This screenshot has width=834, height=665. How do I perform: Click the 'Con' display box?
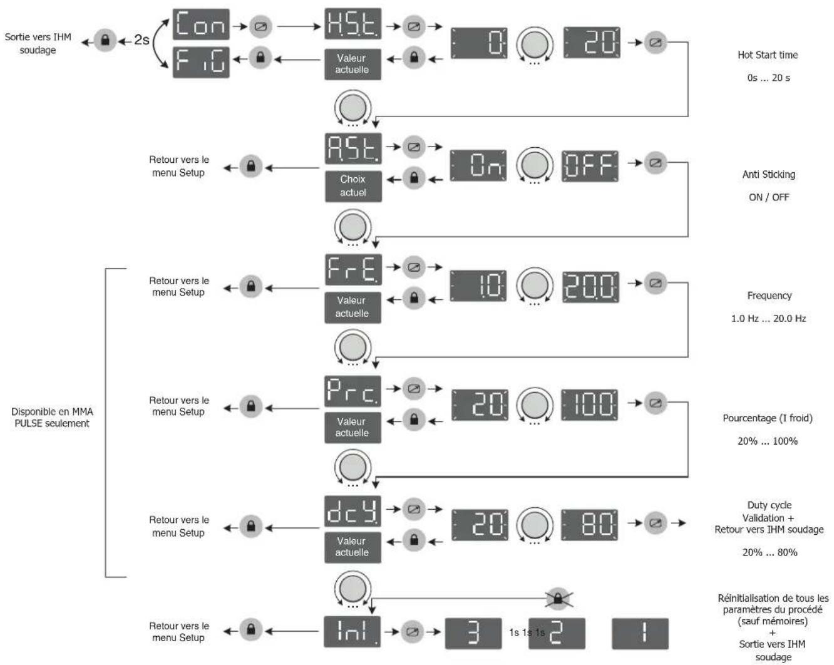click(x=201, y=24)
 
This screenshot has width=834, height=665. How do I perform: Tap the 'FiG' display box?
click(x=201, y=62)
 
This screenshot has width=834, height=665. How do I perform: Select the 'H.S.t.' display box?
click(x=353, y=24)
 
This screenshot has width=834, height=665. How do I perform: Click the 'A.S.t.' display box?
click(x=353, y=148)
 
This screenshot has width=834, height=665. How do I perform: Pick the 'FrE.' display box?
click(x=353, y=269)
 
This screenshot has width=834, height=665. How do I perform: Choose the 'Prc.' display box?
click(x=353, y=391)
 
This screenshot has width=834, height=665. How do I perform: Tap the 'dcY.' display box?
click(x=353, y=511)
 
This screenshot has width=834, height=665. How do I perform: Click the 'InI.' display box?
click(x=353, y=631)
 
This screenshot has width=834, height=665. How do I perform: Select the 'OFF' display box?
click(x=590, y=167)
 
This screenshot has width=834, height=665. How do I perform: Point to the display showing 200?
click(x=590, y=287)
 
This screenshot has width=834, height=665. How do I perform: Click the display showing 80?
click(x=589, y=525)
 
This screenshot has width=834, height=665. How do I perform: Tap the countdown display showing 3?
click(x=473, y=633)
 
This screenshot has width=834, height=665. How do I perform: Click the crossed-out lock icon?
click(x=558, y=599)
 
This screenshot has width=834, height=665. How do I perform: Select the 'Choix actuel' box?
click(x=353, y=186)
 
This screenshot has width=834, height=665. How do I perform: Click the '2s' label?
click(x=142, y=39)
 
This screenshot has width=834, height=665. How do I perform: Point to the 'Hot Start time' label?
click(x=768, y=54)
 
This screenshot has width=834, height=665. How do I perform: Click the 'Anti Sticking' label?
click(x=768, y=174)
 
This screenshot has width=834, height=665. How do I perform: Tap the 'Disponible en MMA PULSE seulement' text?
click(x=52, y=417)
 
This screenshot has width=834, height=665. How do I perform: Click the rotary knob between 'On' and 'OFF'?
click(x=535, y=165)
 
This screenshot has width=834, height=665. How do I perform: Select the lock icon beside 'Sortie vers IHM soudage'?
click(x=105, y=40)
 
